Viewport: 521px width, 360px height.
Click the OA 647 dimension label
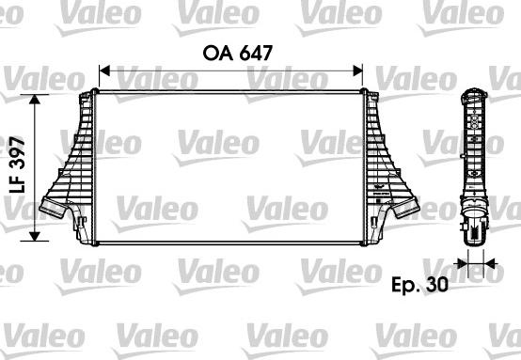coord(238,53)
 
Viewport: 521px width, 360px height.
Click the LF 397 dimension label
coord(17,164)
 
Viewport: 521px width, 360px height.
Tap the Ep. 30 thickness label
coord(419,284)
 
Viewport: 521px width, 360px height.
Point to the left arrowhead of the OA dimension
coord(104,70)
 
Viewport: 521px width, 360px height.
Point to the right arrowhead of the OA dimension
coord(357,70)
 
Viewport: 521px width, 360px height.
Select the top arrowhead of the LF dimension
coord(35,100)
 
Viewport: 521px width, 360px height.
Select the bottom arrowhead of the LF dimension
coord(35,236)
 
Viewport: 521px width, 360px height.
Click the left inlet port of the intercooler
coord(54,208)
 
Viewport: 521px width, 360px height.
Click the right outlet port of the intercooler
coord(406,208)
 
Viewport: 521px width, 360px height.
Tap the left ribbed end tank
coord(71,166)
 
